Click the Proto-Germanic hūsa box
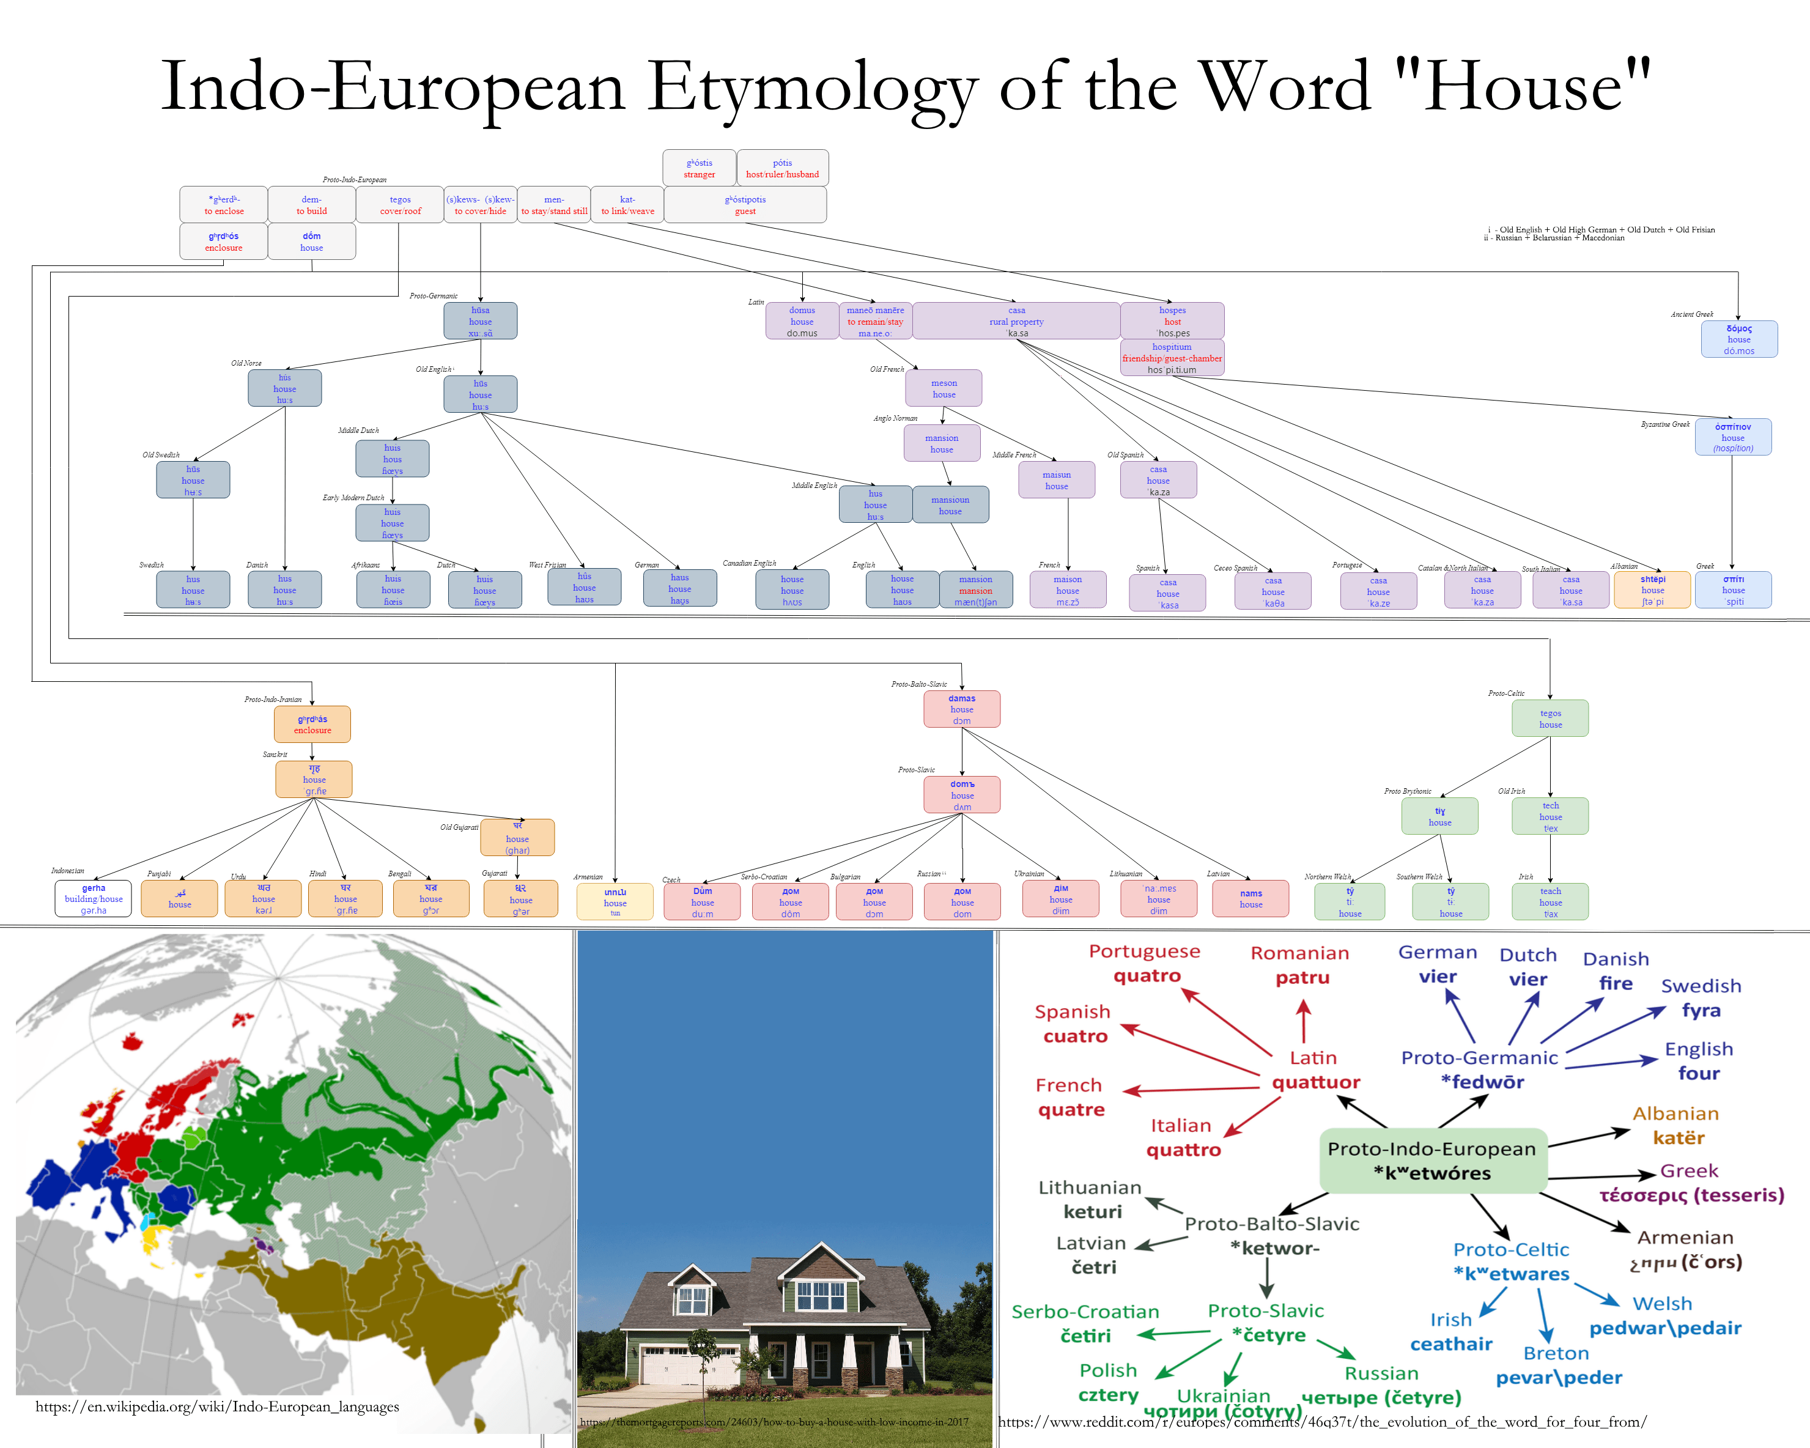480,320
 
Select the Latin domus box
802,320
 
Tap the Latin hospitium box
1172,358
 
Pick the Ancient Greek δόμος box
1738,339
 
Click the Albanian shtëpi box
1652,589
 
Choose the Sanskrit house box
314,779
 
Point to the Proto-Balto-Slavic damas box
962,709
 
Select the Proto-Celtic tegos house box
1550,718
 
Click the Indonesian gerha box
93,898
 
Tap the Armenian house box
615,901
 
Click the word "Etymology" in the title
812,88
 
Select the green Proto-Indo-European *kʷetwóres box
1432,1160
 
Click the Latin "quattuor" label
1315,1082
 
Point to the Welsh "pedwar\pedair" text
1664,1328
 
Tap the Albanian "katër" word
1678,1137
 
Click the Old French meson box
944,388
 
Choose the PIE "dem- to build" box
311,204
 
